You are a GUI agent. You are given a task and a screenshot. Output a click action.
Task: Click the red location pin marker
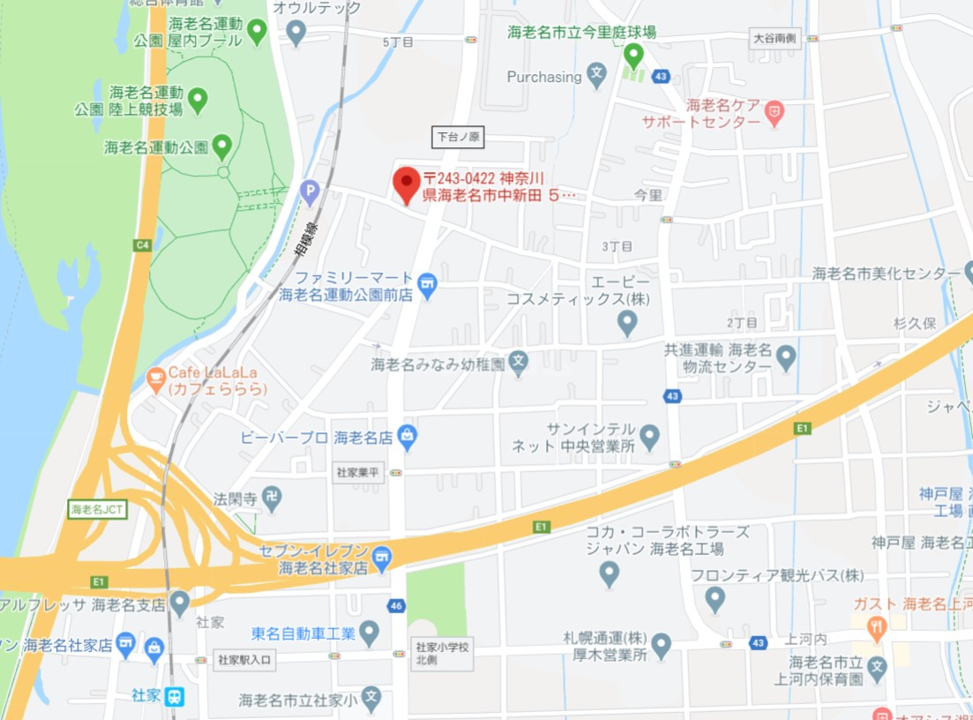[406, 184]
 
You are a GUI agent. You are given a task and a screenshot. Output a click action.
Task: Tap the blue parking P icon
[310, 190]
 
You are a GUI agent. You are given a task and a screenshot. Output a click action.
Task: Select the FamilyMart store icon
[428, 284]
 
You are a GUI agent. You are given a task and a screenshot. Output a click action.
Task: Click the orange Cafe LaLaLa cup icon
[156, 379]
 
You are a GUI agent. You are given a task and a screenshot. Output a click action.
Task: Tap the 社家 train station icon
[176, 696]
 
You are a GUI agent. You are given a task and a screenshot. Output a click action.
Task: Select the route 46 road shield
[396, 605]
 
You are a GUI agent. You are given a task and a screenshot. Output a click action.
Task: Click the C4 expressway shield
[143, 244]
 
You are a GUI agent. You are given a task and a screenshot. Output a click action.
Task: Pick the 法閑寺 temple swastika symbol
[273, 499]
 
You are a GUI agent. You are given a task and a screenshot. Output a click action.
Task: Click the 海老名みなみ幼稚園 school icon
[519, 362]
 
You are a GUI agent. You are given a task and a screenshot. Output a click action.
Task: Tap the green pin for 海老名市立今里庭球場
[633, 56]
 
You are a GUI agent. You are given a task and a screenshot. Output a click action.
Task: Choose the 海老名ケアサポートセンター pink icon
[774, 112]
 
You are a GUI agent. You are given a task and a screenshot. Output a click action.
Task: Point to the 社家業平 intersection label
[357, 473]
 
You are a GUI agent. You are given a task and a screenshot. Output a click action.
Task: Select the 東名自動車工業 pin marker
[370, 632]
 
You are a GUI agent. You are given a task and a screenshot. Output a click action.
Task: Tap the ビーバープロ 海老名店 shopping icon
[406, 435]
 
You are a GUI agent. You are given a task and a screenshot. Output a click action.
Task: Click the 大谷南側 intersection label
[775, 39]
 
